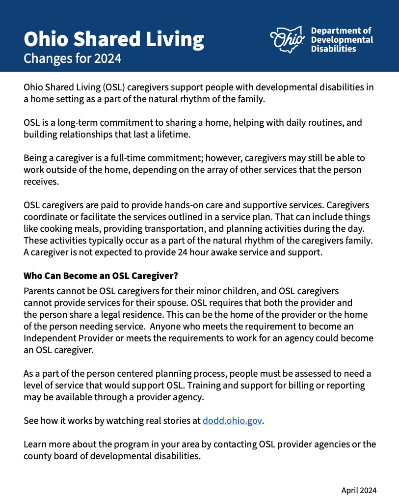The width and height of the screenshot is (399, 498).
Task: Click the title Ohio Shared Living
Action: point(114,39)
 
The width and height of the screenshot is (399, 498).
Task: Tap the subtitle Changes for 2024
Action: point(72,59)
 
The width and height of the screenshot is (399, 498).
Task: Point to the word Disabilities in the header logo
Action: point(334,49)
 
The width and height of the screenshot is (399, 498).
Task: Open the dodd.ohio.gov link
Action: point(232,420)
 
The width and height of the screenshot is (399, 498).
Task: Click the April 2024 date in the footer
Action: point(359,490)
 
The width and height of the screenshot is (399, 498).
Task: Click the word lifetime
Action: point(174,134)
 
